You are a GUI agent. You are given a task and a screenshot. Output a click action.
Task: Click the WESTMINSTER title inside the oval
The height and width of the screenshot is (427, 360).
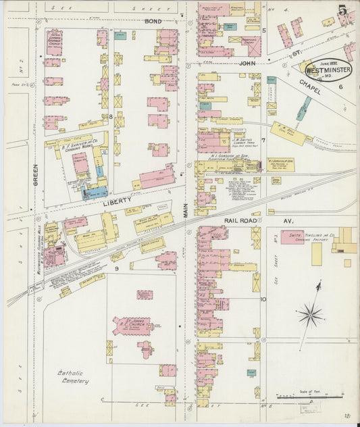coord(328,69)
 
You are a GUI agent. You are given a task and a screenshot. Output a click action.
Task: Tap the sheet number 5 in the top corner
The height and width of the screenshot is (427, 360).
coord(344,11)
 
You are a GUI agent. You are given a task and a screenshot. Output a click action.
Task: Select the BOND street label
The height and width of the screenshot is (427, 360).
coord(153,22)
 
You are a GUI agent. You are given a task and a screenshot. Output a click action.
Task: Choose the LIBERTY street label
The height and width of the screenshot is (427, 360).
coord(110,201)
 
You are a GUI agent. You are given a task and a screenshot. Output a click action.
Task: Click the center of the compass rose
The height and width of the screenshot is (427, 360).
coord(311,313)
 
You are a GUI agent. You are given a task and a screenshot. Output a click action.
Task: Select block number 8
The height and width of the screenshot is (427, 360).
coord(110,116)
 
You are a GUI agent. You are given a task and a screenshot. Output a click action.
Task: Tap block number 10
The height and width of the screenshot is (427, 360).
coord(263,299)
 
